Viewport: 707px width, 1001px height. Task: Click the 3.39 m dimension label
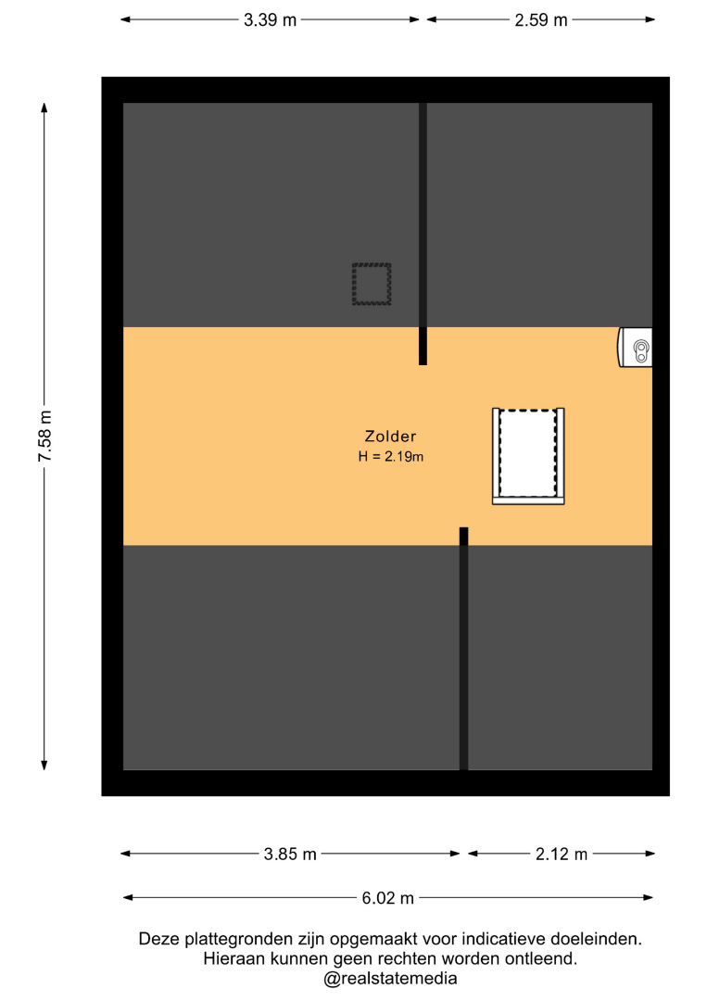pyautogui.click(x=270, y=19)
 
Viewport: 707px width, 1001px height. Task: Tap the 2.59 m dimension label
pyautogui.click(x=541, y=19)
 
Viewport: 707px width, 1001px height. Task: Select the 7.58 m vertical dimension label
pyautogui.click(x=45, y=436)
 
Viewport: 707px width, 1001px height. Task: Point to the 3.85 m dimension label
pyautogui.click(x=290, y=854)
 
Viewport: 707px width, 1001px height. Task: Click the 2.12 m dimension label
pyautogui.click(x=562, y=854)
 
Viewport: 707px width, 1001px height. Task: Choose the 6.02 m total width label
pyautogui.click(x=388, y=897)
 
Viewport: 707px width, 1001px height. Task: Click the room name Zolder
pyautogui.click(x=390, y=436)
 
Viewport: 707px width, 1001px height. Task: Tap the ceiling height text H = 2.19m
pyautogui.click(x=390, y=456)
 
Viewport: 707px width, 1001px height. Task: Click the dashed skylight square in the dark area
pyautogui.click(x=372, y=284)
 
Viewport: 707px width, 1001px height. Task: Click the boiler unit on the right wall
pyautogui.click(x=636, y=348)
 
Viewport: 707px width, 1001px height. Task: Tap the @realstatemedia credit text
pyautogui.click(x=390, y=978)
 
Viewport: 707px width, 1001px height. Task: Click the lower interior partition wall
pyautogui.click(x=464, y=649)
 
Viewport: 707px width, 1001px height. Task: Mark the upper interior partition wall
pyautogui.click(x=423, y=234)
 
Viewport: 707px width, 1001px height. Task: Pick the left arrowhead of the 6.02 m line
pyautogui.click(x=128, y=897)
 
